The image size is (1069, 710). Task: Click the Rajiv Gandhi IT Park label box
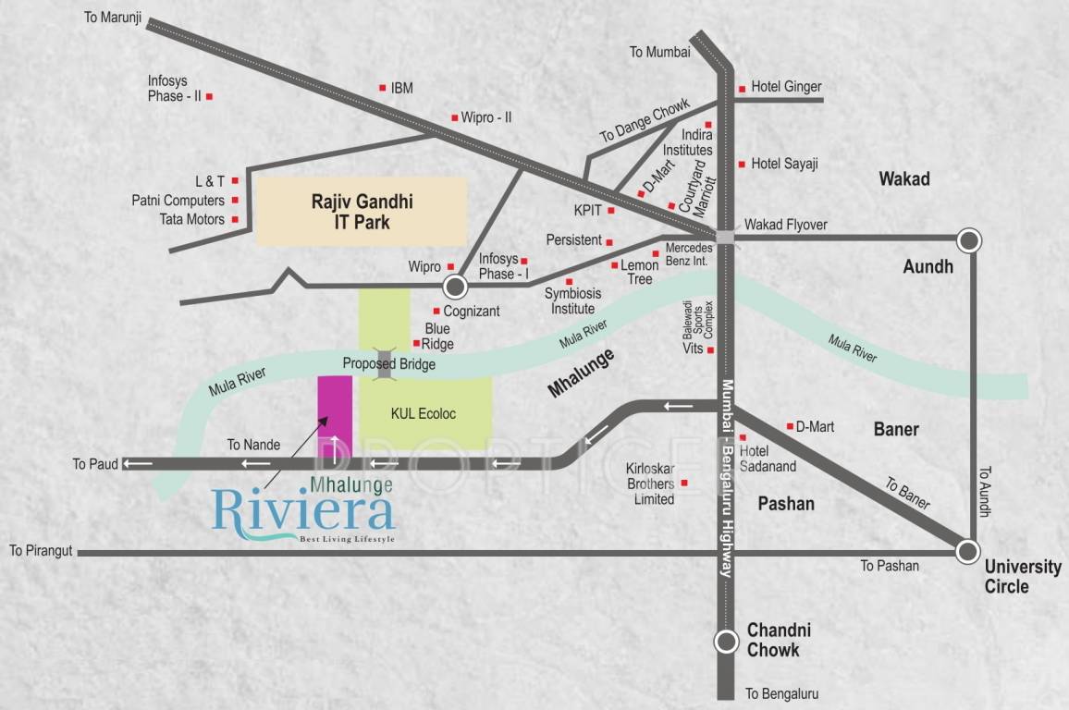point(361,212)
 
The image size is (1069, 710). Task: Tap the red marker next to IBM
point(382,88)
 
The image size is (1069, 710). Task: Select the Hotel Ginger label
point(786,87)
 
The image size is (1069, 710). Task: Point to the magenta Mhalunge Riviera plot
point(335,416)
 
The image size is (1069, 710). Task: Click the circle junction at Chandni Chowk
point(728,641)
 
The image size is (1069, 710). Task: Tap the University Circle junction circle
point(967,552)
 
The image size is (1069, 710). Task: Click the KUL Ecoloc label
point(424,413)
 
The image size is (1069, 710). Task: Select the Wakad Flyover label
point(786,225)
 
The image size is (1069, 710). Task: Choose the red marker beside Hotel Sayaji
point(742,165)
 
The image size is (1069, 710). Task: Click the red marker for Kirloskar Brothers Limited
point(684,483)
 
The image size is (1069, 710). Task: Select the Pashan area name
point(786,504)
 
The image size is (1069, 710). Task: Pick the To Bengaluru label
point(781,693)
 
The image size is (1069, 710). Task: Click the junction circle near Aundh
point(968,240)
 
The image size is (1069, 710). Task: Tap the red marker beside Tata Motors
point(235,219)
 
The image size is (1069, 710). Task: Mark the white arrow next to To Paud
point(139,463)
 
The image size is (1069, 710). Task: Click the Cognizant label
point(471,312)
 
